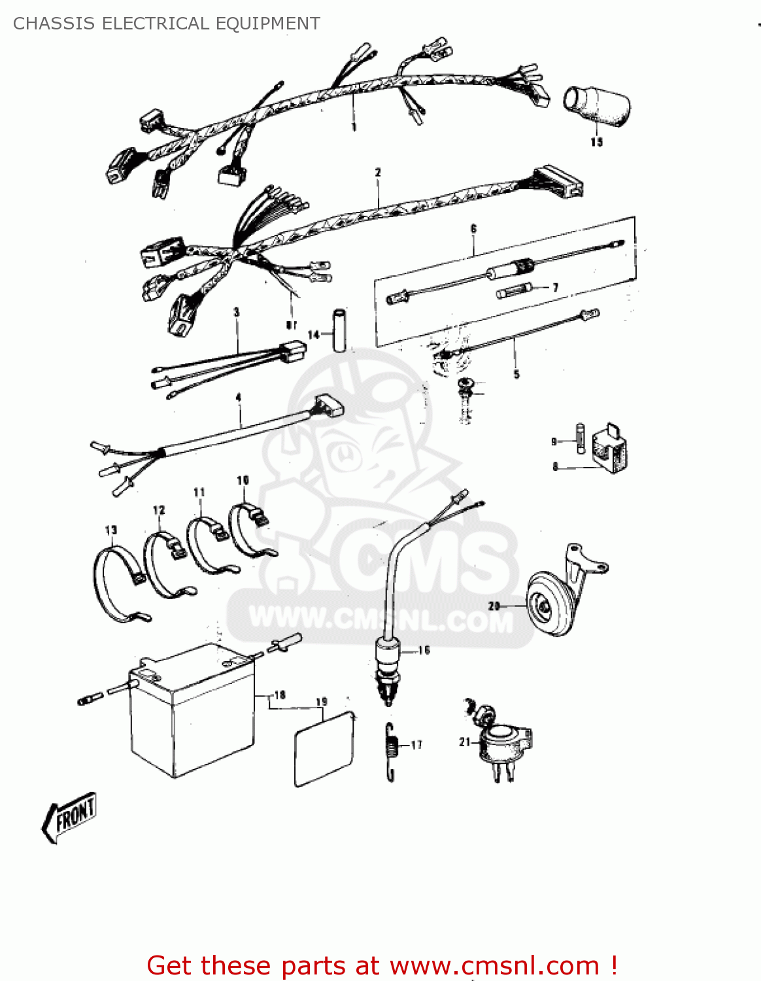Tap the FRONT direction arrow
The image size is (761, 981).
[70, 816]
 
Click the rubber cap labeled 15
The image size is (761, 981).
[596, 106]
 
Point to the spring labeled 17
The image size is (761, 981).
[391, 752]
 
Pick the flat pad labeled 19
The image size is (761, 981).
[324, 749]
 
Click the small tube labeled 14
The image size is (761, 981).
[339, 330]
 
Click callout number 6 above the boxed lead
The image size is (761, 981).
[473, 229]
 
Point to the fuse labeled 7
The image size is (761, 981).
[514, 292]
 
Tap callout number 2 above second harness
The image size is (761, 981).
[378, 173]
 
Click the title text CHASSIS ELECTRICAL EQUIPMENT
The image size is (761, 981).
[167, 24]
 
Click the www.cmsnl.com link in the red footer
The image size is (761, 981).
[494, 965]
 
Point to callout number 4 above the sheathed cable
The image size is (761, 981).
[239, 398]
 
